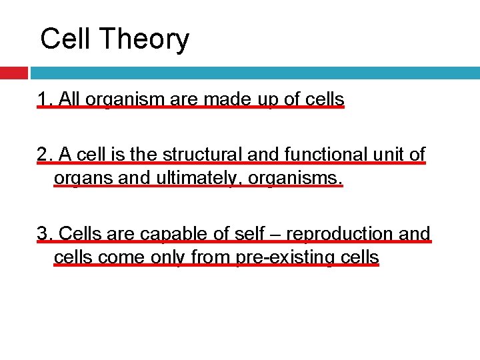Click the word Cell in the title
click(x=65, y=39)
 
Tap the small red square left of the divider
click(x=13, y=73)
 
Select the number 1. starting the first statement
click(x=45, y=100)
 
